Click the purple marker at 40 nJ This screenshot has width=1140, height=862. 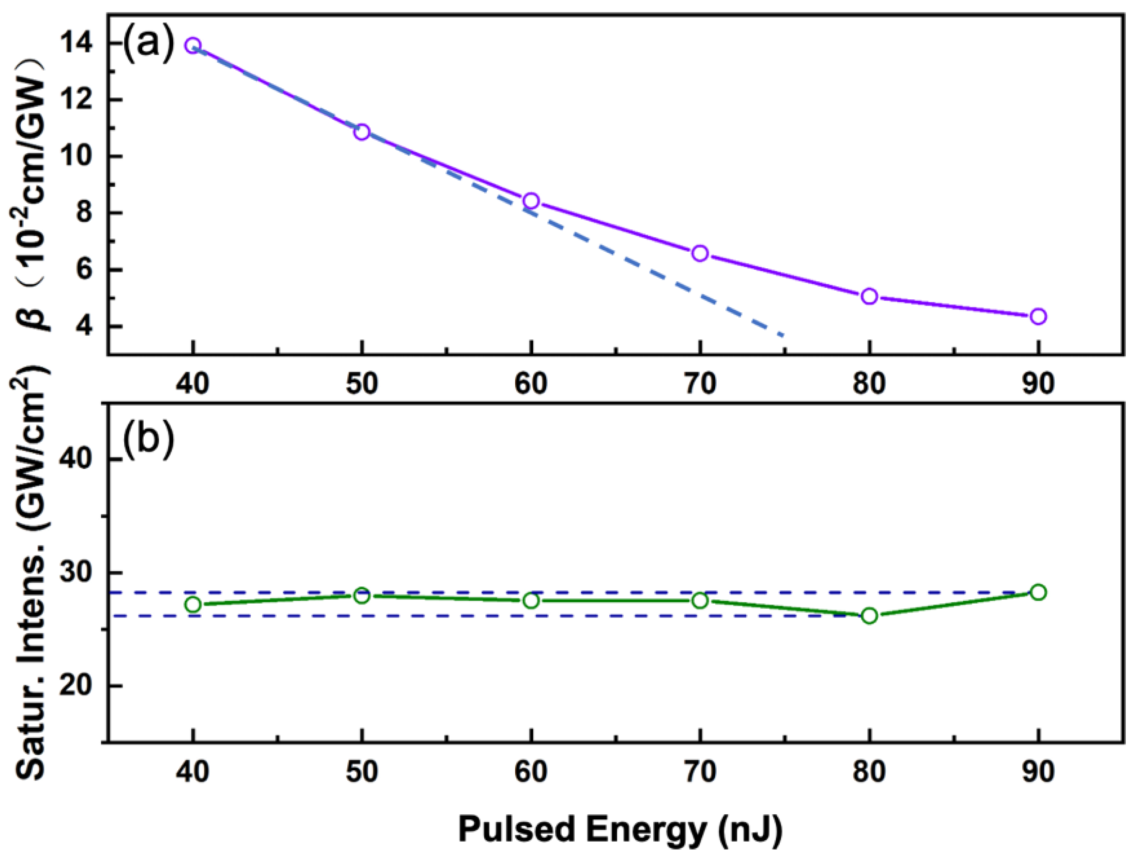click(193, 45)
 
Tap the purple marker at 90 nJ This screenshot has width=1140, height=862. click(1038, 316)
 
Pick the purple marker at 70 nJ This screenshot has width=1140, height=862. click(700, 253)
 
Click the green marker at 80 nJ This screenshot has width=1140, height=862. click(869, 615)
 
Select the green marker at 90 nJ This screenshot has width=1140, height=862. click(1038, 592)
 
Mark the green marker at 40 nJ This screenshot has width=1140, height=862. click(193, 604)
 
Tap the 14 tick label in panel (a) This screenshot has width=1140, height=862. click(78, 44)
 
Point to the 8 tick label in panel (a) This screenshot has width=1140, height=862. click(85, 214)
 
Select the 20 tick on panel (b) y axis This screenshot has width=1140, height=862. click(78, 686)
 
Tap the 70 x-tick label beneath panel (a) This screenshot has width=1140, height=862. click(700, 385)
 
